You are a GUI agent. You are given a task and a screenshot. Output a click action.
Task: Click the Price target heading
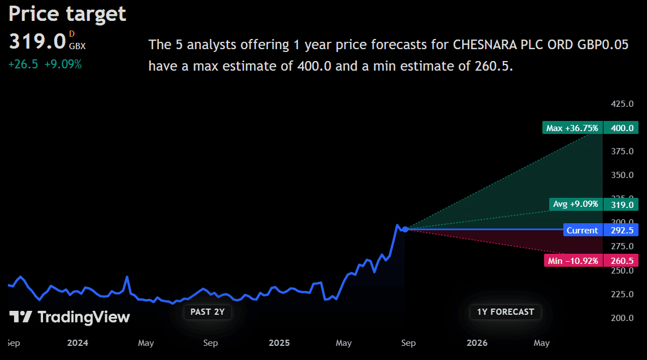coord(67,14)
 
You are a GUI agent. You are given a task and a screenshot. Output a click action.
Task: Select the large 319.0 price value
coord(37,41)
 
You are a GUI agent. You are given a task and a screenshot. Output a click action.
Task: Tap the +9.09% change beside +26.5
coord(63,64)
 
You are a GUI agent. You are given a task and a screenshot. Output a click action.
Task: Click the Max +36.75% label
coord(572,128)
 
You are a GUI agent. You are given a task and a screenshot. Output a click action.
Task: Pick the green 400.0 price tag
coord(622,128)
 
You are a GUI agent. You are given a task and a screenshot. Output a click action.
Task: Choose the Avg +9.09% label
coord(575,204)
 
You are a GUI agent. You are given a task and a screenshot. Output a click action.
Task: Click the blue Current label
coord(582,230)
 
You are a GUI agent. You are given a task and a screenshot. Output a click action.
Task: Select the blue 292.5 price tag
coord(622,230)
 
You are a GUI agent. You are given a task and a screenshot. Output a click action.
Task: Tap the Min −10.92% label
coord(572,261)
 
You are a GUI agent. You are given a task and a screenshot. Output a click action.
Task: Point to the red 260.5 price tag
coord(622,261)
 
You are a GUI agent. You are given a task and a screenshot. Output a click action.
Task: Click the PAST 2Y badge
coord(208,311)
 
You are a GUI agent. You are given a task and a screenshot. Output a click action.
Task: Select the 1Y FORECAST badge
coord(505,311)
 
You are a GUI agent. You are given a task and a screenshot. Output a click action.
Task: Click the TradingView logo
coord(70,317)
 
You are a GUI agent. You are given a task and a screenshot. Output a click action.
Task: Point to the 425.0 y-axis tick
coord(622,104)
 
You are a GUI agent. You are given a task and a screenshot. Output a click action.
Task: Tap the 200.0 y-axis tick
coord(622,318)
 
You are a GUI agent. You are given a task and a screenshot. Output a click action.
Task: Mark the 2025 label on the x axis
coord(279,343)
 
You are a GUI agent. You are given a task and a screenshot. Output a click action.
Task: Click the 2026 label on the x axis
coord(477,343)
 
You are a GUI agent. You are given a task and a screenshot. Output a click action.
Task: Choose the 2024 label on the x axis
coord(77,343)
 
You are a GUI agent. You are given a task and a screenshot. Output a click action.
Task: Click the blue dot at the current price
coord(405,229)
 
